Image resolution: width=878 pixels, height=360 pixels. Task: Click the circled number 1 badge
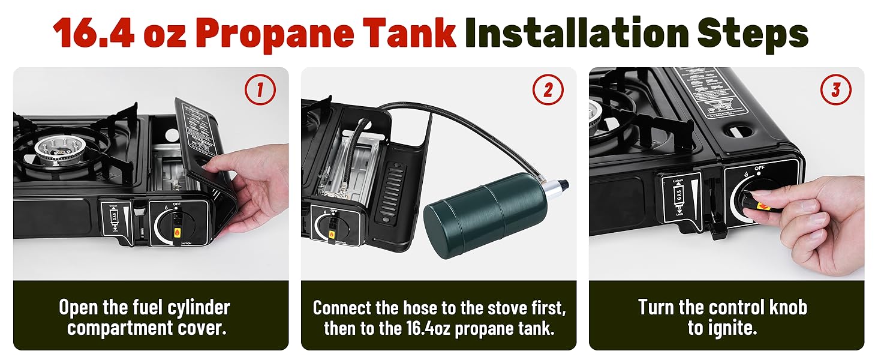(260, 91)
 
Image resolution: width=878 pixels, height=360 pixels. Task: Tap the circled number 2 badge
(548, 91)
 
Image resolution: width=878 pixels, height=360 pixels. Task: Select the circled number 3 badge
(835, 91)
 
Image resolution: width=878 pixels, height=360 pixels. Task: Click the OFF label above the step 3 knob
(759, 169)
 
